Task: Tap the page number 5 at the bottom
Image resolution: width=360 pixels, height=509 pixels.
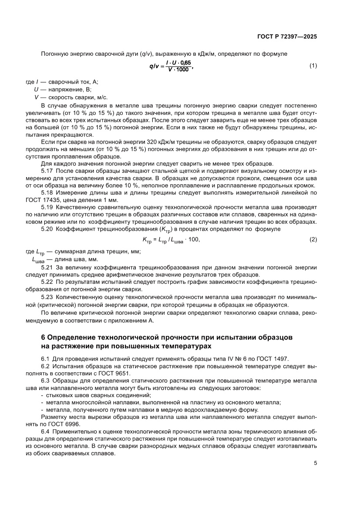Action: click(315, 463)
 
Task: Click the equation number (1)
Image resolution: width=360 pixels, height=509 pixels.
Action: click(313, 66)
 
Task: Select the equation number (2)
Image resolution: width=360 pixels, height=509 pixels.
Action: click(313, 239)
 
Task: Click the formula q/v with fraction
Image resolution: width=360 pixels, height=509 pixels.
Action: click(170, 66)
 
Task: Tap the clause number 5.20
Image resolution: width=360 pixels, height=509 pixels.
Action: click(47, 229)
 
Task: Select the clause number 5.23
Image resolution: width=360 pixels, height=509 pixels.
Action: click(47, 297)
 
